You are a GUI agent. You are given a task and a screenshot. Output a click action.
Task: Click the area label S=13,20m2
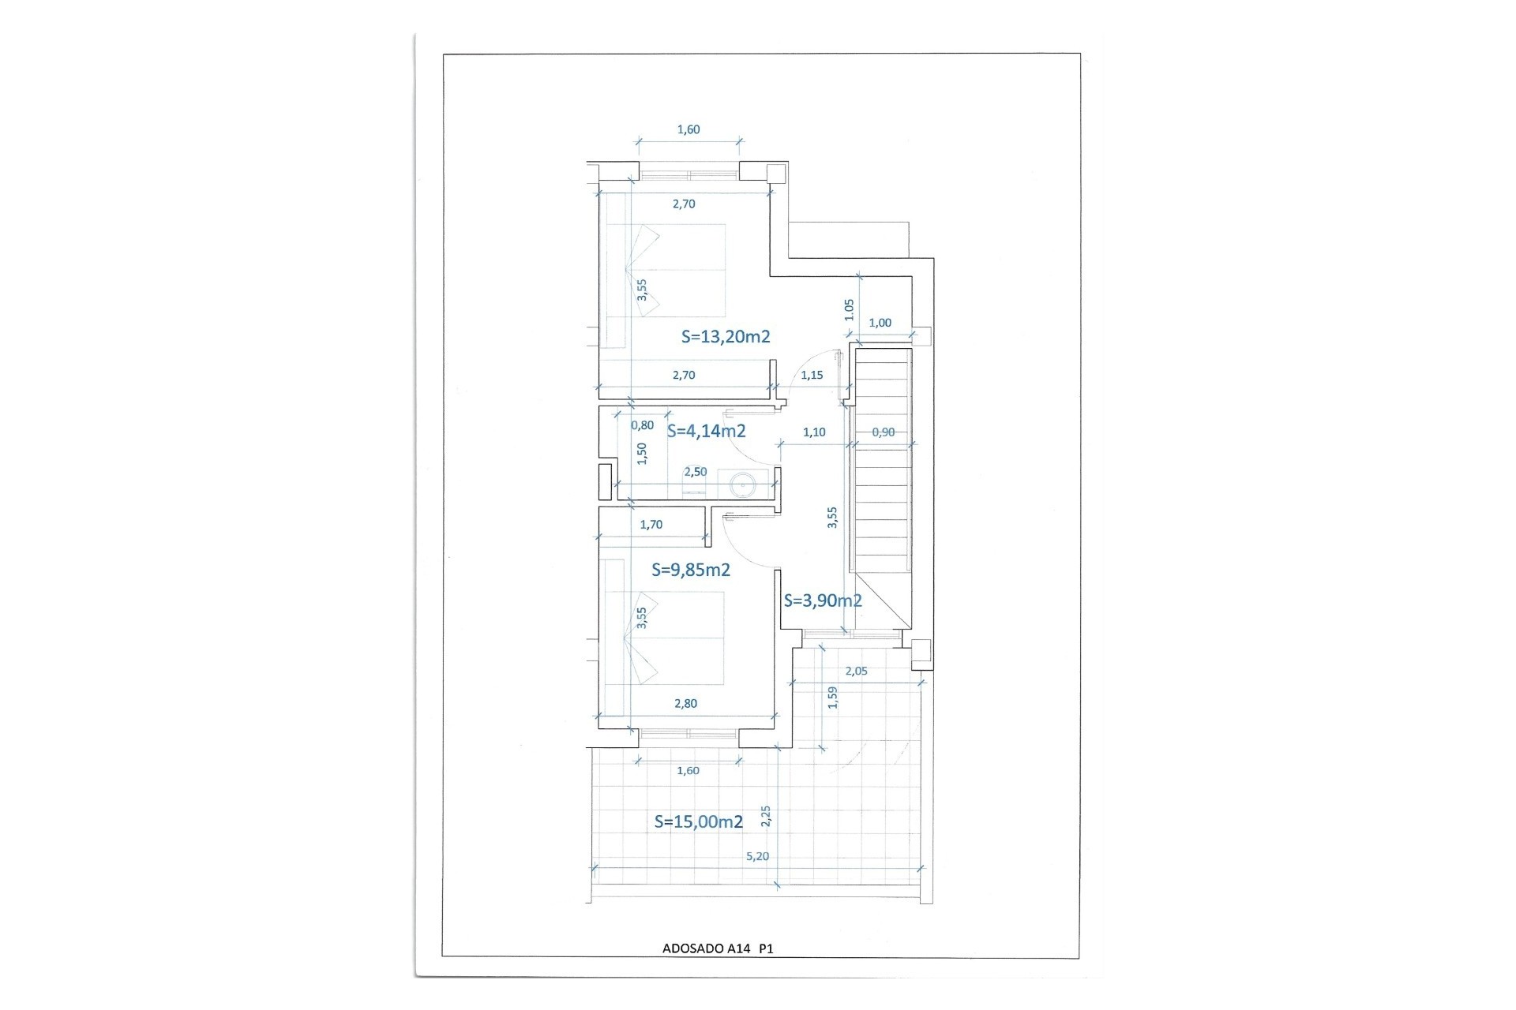point(726,337)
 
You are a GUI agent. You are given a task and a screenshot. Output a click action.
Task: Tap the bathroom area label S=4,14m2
point(706,431)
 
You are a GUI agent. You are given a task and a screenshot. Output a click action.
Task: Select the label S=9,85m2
point(690,570)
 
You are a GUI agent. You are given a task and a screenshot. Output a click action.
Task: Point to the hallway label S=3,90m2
point(822,600)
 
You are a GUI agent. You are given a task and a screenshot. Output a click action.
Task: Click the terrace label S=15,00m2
point(698,821)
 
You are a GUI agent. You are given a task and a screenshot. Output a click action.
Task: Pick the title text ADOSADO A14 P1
point(717,949)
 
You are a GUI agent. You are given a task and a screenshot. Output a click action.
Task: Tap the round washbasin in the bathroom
point(742,483)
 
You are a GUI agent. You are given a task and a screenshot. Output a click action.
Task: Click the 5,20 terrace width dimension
point(756,856)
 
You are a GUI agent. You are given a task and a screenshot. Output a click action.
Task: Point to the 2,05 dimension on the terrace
point(856,671)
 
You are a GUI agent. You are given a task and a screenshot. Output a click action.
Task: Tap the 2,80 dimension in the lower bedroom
point(685,704)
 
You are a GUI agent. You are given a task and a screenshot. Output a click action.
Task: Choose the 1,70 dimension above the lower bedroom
point(651,525)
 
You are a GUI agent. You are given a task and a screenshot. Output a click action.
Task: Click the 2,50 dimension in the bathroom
point(695,472)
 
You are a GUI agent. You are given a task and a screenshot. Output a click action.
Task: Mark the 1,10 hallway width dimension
point(813,432)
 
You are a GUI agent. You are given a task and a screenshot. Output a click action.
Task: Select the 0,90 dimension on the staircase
point(883,432)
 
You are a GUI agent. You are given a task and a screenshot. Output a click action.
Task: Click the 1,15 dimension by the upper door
point(812,376)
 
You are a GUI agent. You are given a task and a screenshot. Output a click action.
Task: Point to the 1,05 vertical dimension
point(849,309)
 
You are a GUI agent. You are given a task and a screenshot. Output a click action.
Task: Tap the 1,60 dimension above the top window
point(688,130)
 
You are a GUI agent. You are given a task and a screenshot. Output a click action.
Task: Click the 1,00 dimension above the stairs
point(880,323)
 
